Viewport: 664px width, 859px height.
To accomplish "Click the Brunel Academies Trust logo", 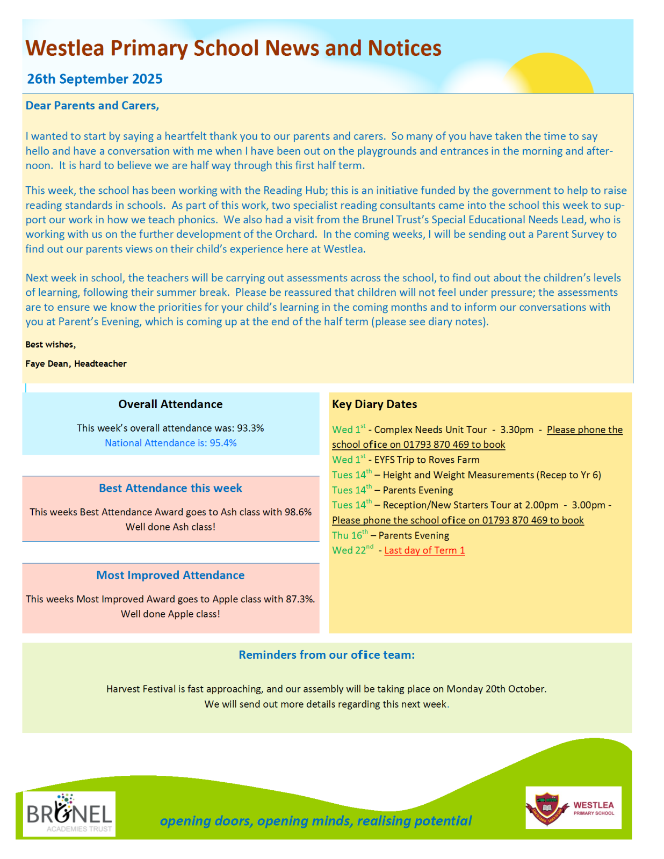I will (69, 814).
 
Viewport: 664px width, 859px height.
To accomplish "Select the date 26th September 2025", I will (95, 79).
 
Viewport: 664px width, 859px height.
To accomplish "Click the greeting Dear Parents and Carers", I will (92, 105).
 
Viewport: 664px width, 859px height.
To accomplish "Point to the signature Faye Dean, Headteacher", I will (76, 363).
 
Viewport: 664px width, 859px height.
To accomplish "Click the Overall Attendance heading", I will (170, 404).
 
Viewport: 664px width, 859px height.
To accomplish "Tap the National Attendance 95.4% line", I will (170, 443).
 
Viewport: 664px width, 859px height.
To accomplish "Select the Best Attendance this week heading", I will (170, 488).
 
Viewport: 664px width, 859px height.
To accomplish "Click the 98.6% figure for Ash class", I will (298, 512).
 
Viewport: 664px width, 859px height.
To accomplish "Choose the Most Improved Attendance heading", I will (170, 575).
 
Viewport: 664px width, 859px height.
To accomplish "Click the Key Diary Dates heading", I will (374, 404).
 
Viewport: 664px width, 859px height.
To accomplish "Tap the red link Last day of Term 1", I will (424, 550).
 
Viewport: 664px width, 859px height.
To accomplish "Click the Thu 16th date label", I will (350, 535).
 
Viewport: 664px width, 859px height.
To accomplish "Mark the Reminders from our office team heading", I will (327, 655).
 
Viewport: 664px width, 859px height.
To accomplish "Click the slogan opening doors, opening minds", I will (315, 821).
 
